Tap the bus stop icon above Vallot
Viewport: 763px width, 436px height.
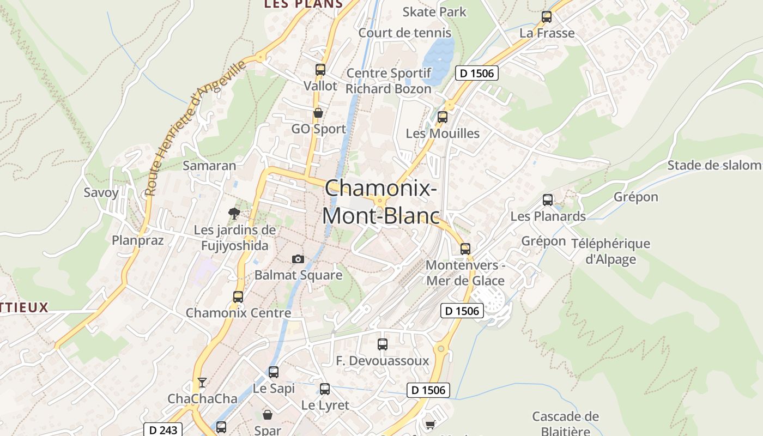[320, 70]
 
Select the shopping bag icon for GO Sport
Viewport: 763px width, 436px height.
[318, 113]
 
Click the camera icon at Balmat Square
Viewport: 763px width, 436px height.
[298, 259]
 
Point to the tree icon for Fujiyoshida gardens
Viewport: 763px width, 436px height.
[234, 213]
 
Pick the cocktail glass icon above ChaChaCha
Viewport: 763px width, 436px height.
[202, 382]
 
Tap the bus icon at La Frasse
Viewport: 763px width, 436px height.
[547, 17]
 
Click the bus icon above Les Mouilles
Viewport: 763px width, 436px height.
[442, 117]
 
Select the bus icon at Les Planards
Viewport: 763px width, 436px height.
[548, 200]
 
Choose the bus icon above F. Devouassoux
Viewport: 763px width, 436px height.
[383, 344]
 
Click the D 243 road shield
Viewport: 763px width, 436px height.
[163, 429]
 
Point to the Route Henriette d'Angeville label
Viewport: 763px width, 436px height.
[196, 128]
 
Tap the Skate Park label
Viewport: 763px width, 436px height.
[434, 11]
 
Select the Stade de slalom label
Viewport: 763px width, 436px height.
[714, 165]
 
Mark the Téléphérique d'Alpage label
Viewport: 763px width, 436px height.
[610, 251]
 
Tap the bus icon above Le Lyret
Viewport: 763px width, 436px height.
[325, 389]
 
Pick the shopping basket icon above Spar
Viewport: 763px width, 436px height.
[268, 415]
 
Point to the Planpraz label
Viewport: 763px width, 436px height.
[138, 240]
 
